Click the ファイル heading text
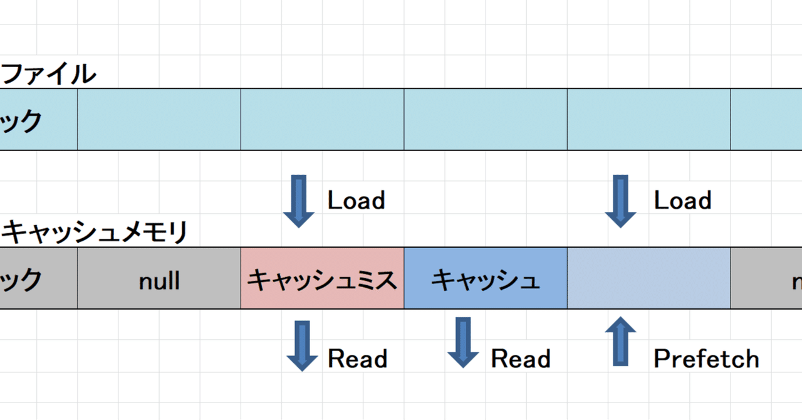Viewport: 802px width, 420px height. (x=49, y=75)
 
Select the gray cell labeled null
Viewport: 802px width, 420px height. (x=159, y=280)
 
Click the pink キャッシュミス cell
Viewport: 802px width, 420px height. (x=322, y=280)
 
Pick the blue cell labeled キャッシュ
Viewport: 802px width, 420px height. (x=486, y=280)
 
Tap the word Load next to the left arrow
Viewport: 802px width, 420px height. (x=356, y=201)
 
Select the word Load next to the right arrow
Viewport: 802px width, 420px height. (x=682, y=201)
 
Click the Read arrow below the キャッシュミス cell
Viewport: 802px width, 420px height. (x=302, y=345)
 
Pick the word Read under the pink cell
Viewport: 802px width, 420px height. (x=357, y=359)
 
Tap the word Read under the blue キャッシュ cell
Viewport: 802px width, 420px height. (x=520, y=359)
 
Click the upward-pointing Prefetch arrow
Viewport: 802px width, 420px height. (x=620, y=342)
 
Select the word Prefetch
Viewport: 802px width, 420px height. (x=706, y=359)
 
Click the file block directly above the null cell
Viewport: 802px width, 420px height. (x=159, y=120)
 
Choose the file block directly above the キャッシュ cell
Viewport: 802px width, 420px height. (x=486, y=120)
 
